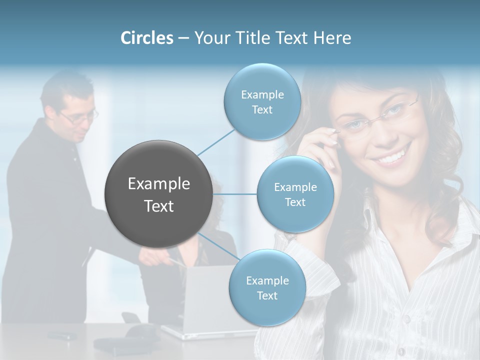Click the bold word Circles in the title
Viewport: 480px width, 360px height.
click(146, 38)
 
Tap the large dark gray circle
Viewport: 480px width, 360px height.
click(158, 194)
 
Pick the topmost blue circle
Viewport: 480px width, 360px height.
click(262, 101)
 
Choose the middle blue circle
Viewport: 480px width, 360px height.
click(295, 194)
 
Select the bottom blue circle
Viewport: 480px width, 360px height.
click(267, 287)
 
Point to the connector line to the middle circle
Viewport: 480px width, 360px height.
click(234, 194)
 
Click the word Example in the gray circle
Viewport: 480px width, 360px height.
click(158, 184)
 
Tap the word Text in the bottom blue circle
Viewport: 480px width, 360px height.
click(267, 295)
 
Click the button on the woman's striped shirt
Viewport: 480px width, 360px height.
click(406, 318)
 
